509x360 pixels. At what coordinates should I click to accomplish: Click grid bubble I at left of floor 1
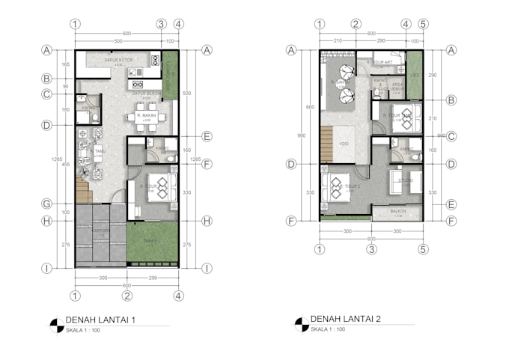point(46,267)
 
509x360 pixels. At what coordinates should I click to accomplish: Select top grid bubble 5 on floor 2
point(423,24)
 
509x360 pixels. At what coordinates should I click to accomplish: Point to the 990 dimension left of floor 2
point(302,135)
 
